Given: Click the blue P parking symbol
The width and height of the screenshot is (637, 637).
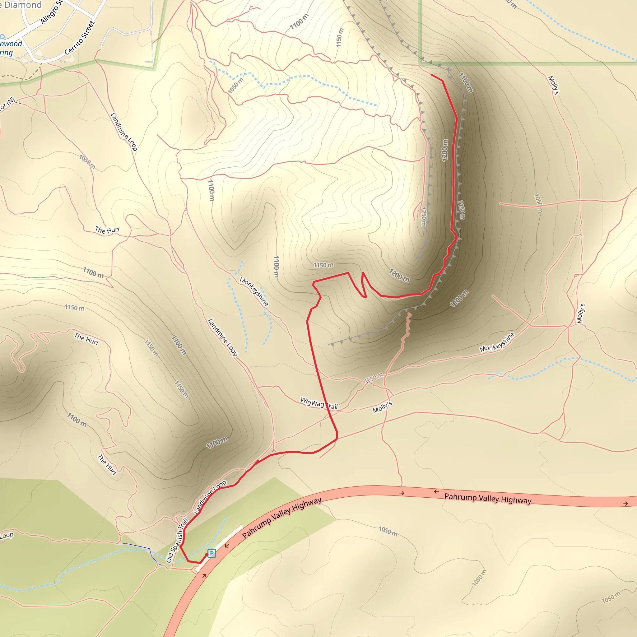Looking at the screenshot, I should [x=212, y=553].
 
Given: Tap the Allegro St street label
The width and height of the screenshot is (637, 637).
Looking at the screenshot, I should [x=51, y=12].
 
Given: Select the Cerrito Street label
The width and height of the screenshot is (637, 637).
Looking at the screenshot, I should [x=80, y=38].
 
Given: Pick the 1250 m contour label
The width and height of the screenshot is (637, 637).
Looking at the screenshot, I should [x=424, y=216].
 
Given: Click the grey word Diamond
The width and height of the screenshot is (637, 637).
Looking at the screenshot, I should [x=23, y=5].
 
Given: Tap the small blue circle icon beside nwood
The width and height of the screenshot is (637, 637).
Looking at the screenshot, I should [x=2, y=37].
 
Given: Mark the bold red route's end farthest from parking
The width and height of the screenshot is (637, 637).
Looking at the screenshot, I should [x=432, y=75].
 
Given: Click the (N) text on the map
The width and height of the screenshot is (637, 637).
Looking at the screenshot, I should [x=11, y=101].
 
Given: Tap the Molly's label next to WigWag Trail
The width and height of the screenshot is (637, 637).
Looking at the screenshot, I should [x=383, y=407].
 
